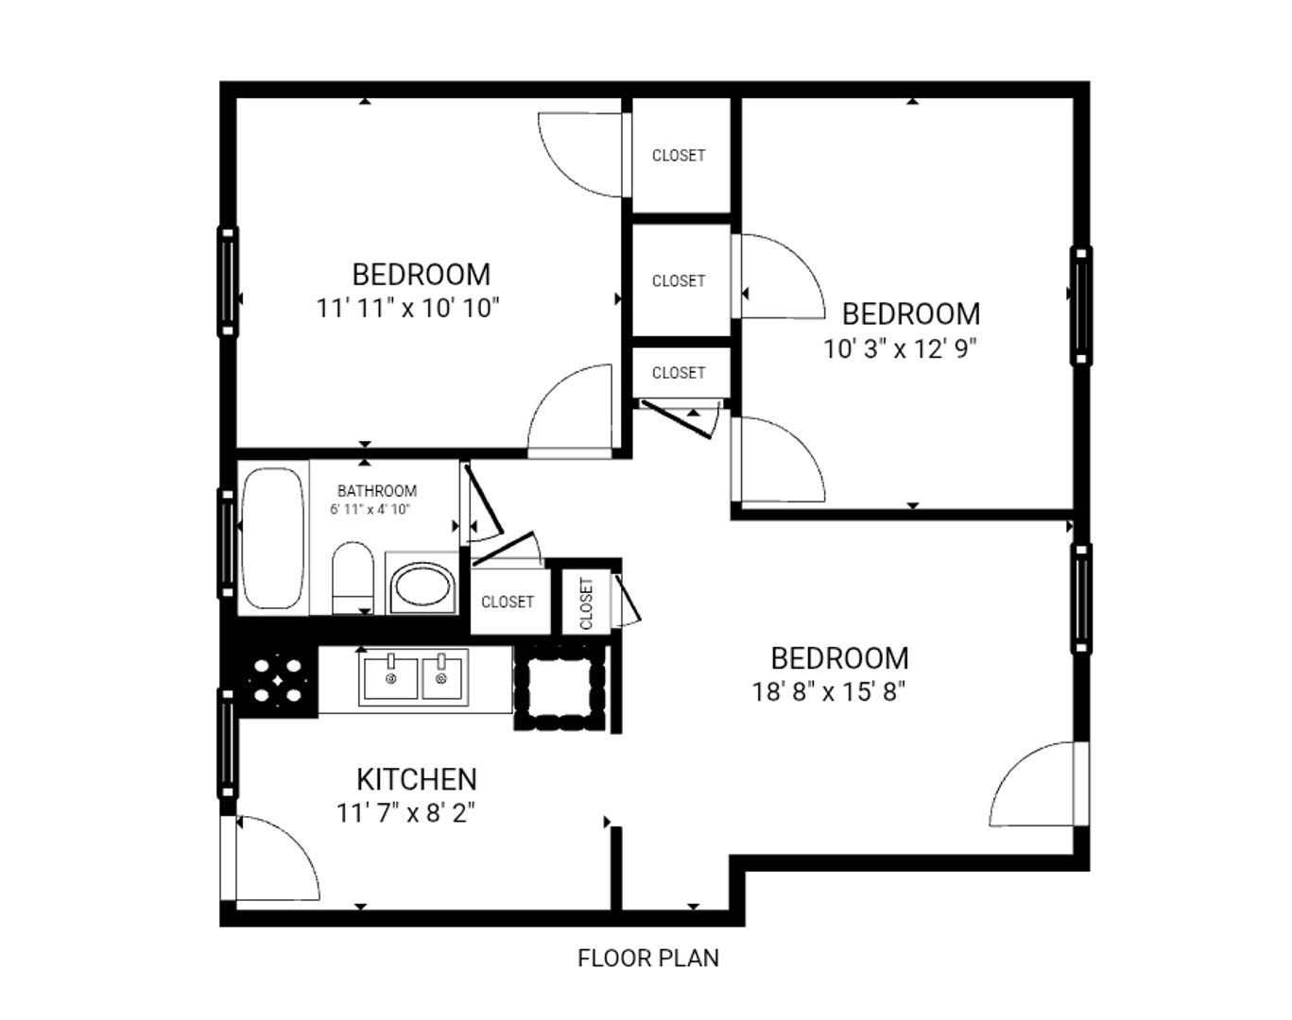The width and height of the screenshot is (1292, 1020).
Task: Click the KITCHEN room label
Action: pos(416,779)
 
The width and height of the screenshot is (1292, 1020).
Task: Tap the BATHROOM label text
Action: pos(377,491)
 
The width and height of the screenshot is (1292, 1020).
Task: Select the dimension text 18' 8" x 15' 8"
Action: pos(829,692)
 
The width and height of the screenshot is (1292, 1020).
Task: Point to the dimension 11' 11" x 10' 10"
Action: pos(407,308)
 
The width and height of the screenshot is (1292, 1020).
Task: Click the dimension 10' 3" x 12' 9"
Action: pos(899,348)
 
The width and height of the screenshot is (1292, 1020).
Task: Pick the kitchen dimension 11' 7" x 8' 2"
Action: pos(405,812)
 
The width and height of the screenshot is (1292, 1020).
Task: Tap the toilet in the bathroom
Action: pos(353,578)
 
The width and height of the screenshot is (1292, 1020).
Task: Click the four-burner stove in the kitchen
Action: pos(278,680)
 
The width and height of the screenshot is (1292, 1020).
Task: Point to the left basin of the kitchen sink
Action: pos(389,677)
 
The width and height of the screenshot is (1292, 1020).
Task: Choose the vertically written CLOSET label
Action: pos(586,603)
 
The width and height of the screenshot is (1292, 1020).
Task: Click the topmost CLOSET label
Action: pos(679,155)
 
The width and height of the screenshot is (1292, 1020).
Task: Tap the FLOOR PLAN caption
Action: pos(648,958)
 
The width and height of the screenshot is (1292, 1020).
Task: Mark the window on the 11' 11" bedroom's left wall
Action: pos(228,280)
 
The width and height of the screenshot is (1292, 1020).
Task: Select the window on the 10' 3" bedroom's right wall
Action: pos(1080,305)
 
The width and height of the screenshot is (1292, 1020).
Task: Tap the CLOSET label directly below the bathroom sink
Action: pos(508,602)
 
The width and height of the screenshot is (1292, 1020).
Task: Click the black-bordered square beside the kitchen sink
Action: pos(560,687)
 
